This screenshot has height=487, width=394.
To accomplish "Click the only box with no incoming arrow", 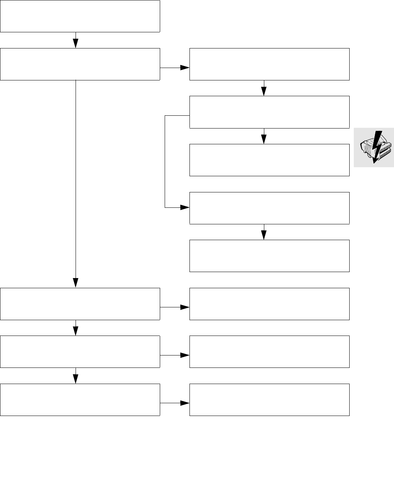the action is [80, 16].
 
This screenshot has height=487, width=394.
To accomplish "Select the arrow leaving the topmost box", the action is [76, 40].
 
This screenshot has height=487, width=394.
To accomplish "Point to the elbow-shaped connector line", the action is [165, 162].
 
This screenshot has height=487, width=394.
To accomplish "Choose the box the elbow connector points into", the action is [269, 208].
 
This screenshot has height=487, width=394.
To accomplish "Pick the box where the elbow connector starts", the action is [269, 112].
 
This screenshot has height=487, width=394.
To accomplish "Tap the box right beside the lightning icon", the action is [269, 160].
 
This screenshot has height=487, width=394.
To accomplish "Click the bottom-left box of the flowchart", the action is [80, 399].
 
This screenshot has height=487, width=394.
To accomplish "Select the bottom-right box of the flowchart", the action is [269, 399].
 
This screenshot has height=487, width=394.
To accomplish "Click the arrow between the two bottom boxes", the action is [175, 403].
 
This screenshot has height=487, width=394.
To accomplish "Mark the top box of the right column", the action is [269, 64].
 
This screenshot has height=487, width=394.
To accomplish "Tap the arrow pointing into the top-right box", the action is [175, 68].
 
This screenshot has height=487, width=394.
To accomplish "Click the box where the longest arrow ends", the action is [80, 304].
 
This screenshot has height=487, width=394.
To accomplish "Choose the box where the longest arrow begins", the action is [80, 64].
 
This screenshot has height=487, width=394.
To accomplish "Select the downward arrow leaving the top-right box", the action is [264, 88].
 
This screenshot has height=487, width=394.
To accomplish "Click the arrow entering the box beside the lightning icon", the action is [264, 136].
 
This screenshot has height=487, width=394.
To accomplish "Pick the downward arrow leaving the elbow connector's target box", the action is [264, 232].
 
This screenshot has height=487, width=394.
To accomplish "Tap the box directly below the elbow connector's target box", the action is [269, 256].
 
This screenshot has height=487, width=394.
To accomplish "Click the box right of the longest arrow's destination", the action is [269, 304].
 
